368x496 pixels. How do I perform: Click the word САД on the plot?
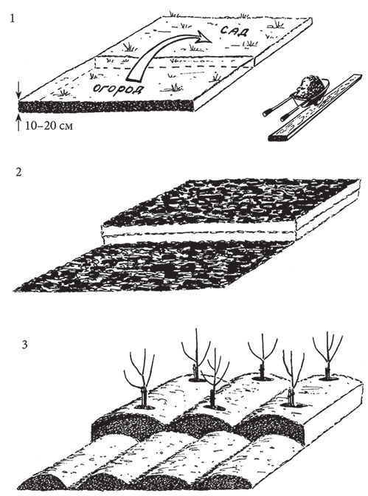[235, 31]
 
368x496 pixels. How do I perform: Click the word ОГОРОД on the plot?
[117, 89]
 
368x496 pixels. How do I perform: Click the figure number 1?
[13, 18]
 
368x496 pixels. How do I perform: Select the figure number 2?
[18, 173]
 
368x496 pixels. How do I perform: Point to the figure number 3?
[24, 344]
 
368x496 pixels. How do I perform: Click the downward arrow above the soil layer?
[18, 91]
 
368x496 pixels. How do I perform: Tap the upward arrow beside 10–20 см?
[18, 123]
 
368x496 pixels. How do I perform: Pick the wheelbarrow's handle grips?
[275, 115]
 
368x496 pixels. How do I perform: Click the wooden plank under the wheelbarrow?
[315, 108]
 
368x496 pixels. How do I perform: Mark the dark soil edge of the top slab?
[105, 106]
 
